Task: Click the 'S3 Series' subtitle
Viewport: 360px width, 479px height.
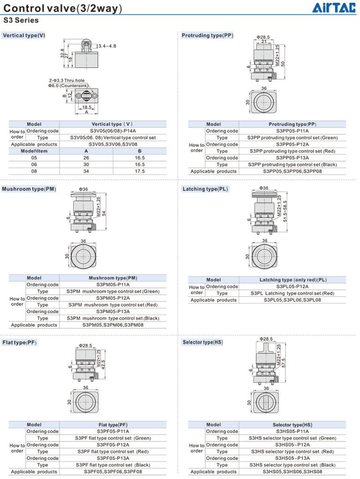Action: coord(21,20)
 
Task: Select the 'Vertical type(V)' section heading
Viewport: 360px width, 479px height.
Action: coord(24,36)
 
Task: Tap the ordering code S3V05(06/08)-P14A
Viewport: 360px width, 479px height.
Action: coord(113,131)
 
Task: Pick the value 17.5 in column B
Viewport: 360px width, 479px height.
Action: coord(140,171)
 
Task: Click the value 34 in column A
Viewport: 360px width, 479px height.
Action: coord(86,171)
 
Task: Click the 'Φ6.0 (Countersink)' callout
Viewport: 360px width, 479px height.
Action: coord(68,86)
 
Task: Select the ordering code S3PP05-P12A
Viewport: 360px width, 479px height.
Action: coord(292,144)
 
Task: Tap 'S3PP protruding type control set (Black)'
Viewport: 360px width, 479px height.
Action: coord(292,165)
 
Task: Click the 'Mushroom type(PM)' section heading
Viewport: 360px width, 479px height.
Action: coord(29,189)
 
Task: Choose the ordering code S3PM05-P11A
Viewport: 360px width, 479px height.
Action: coord(113,284)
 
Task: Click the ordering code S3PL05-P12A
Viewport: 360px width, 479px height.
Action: coord(292,286)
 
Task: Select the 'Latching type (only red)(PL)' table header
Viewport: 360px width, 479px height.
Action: coord(292,280)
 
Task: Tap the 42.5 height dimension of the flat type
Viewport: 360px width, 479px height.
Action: coord(104,363)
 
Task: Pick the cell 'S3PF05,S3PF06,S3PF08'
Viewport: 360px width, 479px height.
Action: coord(113,472)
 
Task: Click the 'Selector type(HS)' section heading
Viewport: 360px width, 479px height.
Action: coord(202,343)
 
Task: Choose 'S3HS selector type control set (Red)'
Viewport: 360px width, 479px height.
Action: coord(292,451)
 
